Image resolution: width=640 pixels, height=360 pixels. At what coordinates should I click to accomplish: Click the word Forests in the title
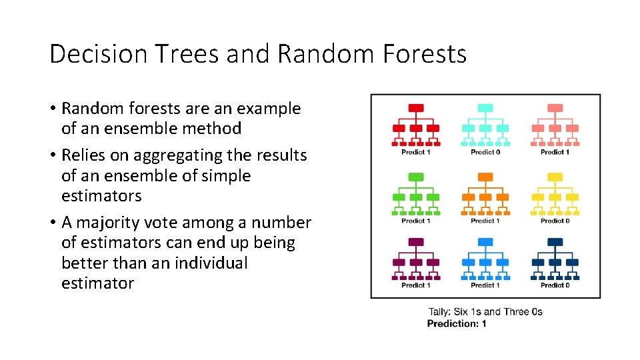click(x=425, y=54)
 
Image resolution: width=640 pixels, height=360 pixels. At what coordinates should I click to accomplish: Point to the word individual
click(x=211, y=263)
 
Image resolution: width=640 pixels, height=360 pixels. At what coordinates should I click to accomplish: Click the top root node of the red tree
click(x=416, y=108)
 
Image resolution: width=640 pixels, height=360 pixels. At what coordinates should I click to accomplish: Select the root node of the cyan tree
click(x=485, y=108)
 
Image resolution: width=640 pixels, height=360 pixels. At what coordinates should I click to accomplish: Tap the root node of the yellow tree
click(x=555, y=177)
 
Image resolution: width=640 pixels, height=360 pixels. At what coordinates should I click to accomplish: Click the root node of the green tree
click(x=416, y=177)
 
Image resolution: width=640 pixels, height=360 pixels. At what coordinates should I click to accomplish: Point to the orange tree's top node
click(x=485, y=177)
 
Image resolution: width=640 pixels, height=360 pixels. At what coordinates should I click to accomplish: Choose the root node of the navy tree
click(x=555, y=242)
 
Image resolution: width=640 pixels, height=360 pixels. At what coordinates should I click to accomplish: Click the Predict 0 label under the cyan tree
click(x=485, y=152)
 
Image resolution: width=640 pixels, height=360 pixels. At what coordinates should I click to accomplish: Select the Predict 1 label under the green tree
click(x=416, y=221)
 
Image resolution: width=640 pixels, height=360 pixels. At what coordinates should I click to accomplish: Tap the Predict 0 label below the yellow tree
click(x=555, y=221)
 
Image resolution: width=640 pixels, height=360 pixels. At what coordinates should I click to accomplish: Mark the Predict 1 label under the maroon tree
click(x=416, y=285)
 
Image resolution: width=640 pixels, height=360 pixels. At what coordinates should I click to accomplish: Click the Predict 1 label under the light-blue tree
click(x=485, y=285)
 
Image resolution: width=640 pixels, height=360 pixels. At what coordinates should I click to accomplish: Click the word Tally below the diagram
click(x=438, y=312)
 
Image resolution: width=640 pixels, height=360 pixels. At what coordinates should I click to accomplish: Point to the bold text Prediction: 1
click(x=457, y=324)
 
